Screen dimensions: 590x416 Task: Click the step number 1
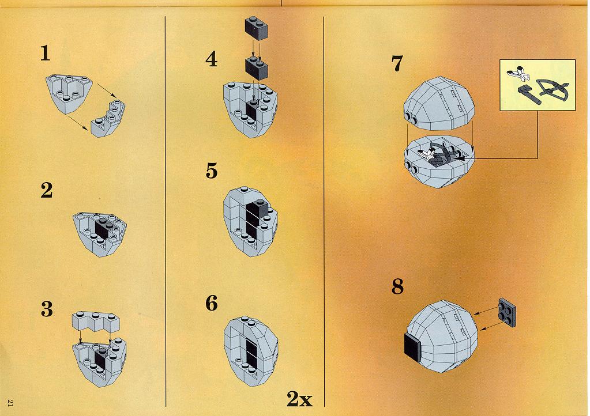(45, 53)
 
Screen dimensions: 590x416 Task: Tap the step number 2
(46, 190)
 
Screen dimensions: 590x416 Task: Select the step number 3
(47, 309)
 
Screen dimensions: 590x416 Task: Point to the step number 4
(212, 59)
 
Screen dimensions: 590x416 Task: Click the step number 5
(212, 171)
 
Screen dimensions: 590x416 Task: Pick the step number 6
(212, 303)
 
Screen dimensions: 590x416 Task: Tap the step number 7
(397, 63)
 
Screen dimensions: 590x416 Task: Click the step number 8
(397, 286)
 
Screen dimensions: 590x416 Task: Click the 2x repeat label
(299, 399)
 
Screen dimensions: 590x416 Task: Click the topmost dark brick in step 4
(257, 28)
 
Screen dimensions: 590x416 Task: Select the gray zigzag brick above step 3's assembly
(96, 322)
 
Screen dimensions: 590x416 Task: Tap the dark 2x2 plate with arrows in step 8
(507, 312)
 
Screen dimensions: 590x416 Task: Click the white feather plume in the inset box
(517, 73)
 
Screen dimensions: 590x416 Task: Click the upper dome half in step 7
(439, 103)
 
